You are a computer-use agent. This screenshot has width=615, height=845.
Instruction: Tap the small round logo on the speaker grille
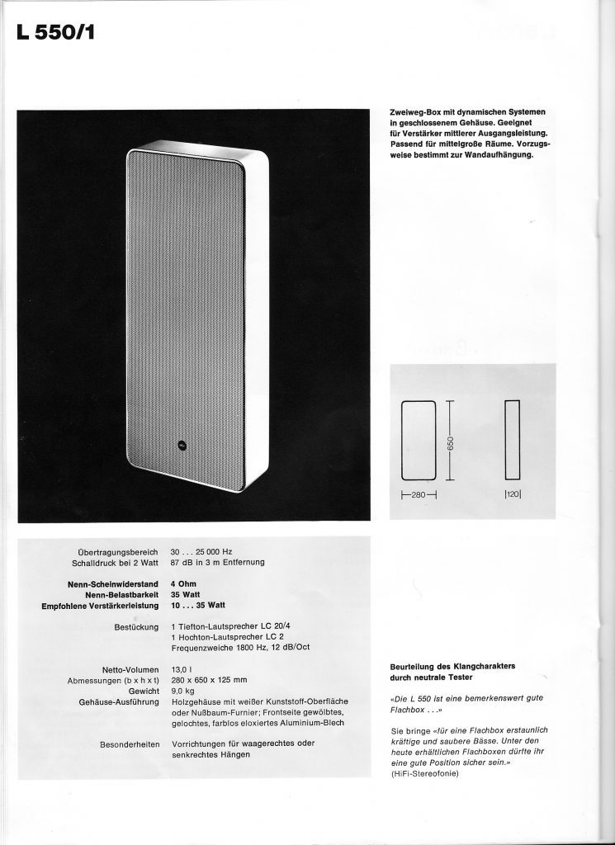(x=181, y=446)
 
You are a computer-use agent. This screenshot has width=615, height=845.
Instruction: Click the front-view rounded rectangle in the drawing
(x=418, y=441)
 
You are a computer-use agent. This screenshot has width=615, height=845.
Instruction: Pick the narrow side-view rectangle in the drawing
(x=513, y=441)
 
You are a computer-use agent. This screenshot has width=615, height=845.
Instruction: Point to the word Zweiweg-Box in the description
(x=418, y=111)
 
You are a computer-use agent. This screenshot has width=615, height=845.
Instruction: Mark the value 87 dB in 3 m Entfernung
(x=217, y=562)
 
